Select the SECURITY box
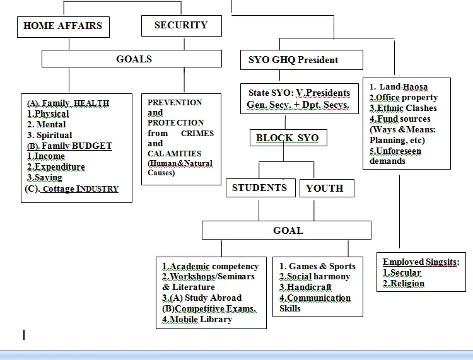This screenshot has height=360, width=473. pos(181,25)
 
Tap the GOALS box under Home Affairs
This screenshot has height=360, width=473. pos(132,59)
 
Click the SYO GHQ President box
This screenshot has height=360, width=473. pos(301,60)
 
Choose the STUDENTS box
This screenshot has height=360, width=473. pos(259,187)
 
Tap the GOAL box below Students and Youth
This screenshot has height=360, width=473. pos(288,230)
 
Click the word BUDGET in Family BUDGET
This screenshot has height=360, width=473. pos(91,146)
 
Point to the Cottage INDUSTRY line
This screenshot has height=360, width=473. pos(72,189)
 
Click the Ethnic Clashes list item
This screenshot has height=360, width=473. pos(403,108)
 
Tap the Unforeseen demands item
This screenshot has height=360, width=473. pos(395,156)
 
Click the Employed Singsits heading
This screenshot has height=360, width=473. pos(421,262)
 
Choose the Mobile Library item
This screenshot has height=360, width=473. pos(197,319)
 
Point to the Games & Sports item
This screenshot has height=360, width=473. pos(317,266)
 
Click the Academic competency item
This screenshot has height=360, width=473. pos(211,266)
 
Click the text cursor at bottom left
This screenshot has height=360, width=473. pos(24,335)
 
